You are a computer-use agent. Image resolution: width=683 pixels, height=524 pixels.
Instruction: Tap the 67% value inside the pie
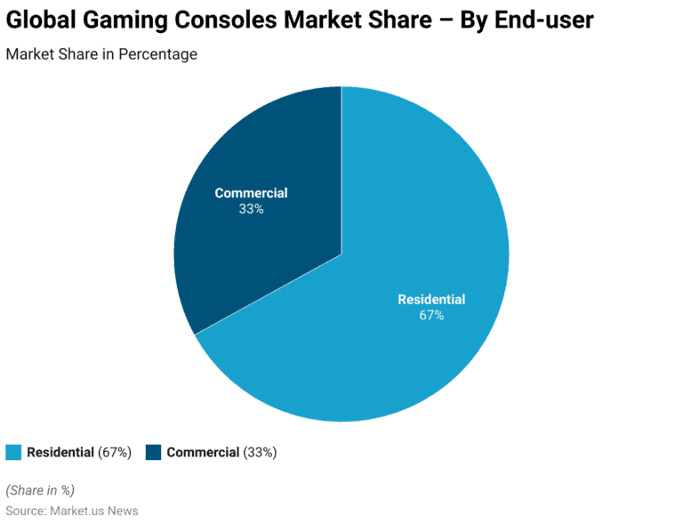(x=431, y=315)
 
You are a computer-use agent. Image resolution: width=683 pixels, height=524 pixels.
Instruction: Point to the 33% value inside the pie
(x=251, y=210)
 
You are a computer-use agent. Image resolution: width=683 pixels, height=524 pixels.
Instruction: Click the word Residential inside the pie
(x=431, y=299)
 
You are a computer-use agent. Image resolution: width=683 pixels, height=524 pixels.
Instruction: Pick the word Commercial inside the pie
(x=251, y=193)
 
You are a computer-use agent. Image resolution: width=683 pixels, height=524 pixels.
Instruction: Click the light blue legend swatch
(x=13, y=453)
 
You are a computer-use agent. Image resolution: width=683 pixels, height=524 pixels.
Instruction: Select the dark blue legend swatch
(x=153, y=453)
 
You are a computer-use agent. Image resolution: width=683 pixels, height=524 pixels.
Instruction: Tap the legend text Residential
(x=60, y=453)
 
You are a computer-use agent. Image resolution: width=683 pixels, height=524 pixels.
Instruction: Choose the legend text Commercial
(x=203, y=453)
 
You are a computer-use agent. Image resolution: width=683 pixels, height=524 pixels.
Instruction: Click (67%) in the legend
(x=115, y=453)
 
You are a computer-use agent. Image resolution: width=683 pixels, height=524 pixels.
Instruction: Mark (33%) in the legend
(x=260, y=453)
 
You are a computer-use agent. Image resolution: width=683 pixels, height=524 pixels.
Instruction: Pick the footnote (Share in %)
(x=40, y=490)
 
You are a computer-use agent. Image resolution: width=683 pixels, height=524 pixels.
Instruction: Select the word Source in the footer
(x=25, y=512)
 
